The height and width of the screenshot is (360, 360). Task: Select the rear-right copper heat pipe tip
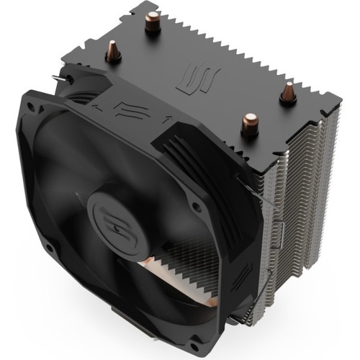(x=287, y=92)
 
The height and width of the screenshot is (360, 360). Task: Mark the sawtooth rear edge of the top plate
(x=238, y=43)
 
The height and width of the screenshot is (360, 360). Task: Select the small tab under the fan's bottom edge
(x=122, y=338)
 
